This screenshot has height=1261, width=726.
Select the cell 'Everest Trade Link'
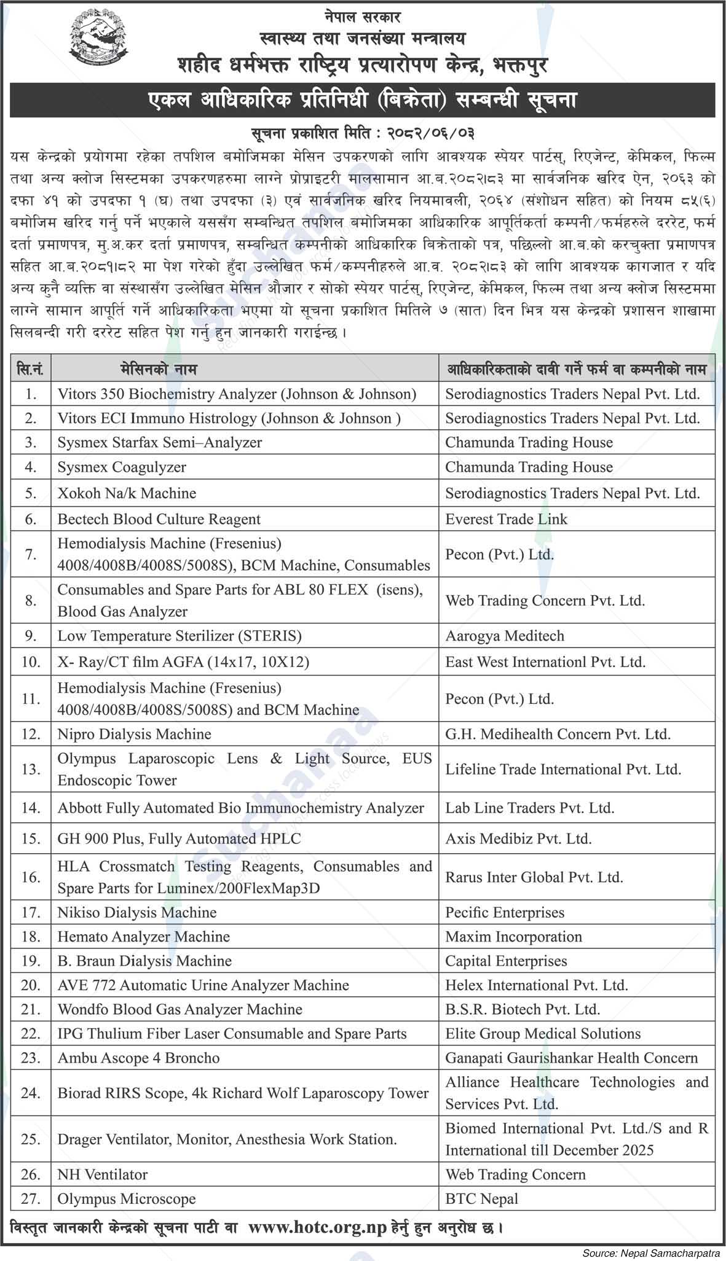pyautogui.click(x=506, y=519)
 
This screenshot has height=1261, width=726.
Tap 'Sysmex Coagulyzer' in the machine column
pyautogui.click(x=122, y=467)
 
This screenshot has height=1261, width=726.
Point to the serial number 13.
pyautogui.click(x=31, y=769)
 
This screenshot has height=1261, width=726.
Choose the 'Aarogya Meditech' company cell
pyautogui.click(x=504, y=636)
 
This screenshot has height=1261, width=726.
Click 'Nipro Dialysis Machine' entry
pyautogui.click(x=134, y=734)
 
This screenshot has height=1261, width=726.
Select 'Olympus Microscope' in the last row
pyautogui.click(x=127, y=1198)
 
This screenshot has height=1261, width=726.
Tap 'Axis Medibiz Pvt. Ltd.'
pyautogui.click(x=518, y=838)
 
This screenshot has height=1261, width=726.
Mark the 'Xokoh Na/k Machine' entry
pyautogui.click(x=127, y=493)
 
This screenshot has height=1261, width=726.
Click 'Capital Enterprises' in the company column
pyautogui.click(x=506, y=961)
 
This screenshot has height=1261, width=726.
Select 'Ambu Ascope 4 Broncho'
pyautogui.click(x=138, y=1058)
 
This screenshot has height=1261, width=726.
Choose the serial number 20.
pyautogui.click(x=31, y=985)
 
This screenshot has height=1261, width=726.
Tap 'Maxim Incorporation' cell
pyautogui.click(x=513, y=937)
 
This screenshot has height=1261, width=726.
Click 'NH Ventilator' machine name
pyautogui.click(x=103, y=1174)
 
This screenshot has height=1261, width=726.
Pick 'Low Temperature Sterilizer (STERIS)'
pyautogui.click(x=180, y=636)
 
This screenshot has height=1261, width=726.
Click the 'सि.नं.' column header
pyautogui.click(x=31, y=369)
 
